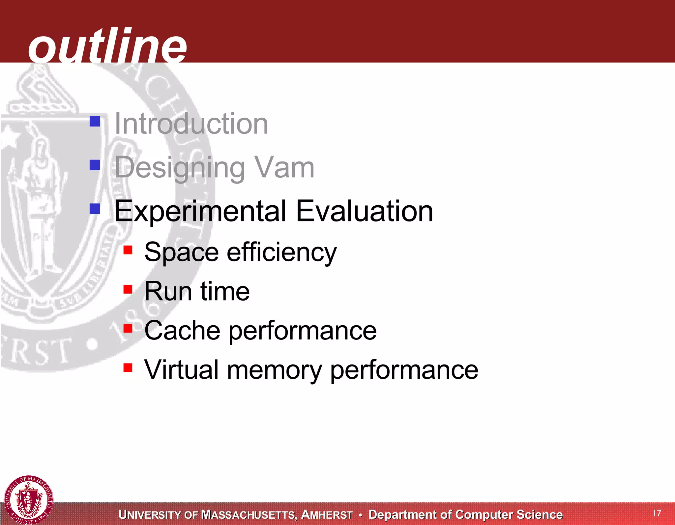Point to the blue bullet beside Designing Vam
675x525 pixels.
95,165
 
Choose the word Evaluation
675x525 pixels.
364,211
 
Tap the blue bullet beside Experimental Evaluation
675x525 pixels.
95,208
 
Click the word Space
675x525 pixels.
181,252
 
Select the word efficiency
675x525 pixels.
282,252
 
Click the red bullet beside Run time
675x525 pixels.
128,289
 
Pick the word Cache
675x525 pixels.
182,330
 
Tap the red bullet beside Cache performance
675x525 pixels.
128,328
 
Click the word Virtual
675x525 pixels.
182,370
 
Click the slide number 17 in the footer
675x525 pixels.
657,513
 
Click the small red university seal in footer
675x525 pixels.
29,500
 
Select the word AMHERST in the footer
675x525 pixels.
327,515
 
